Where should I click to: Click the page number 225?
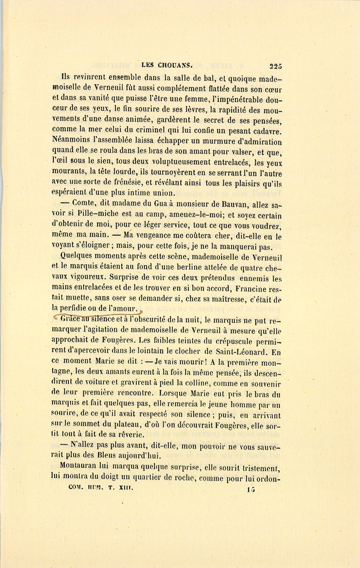(276, 66)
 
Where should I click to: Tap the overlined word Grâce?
(70, 319)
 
